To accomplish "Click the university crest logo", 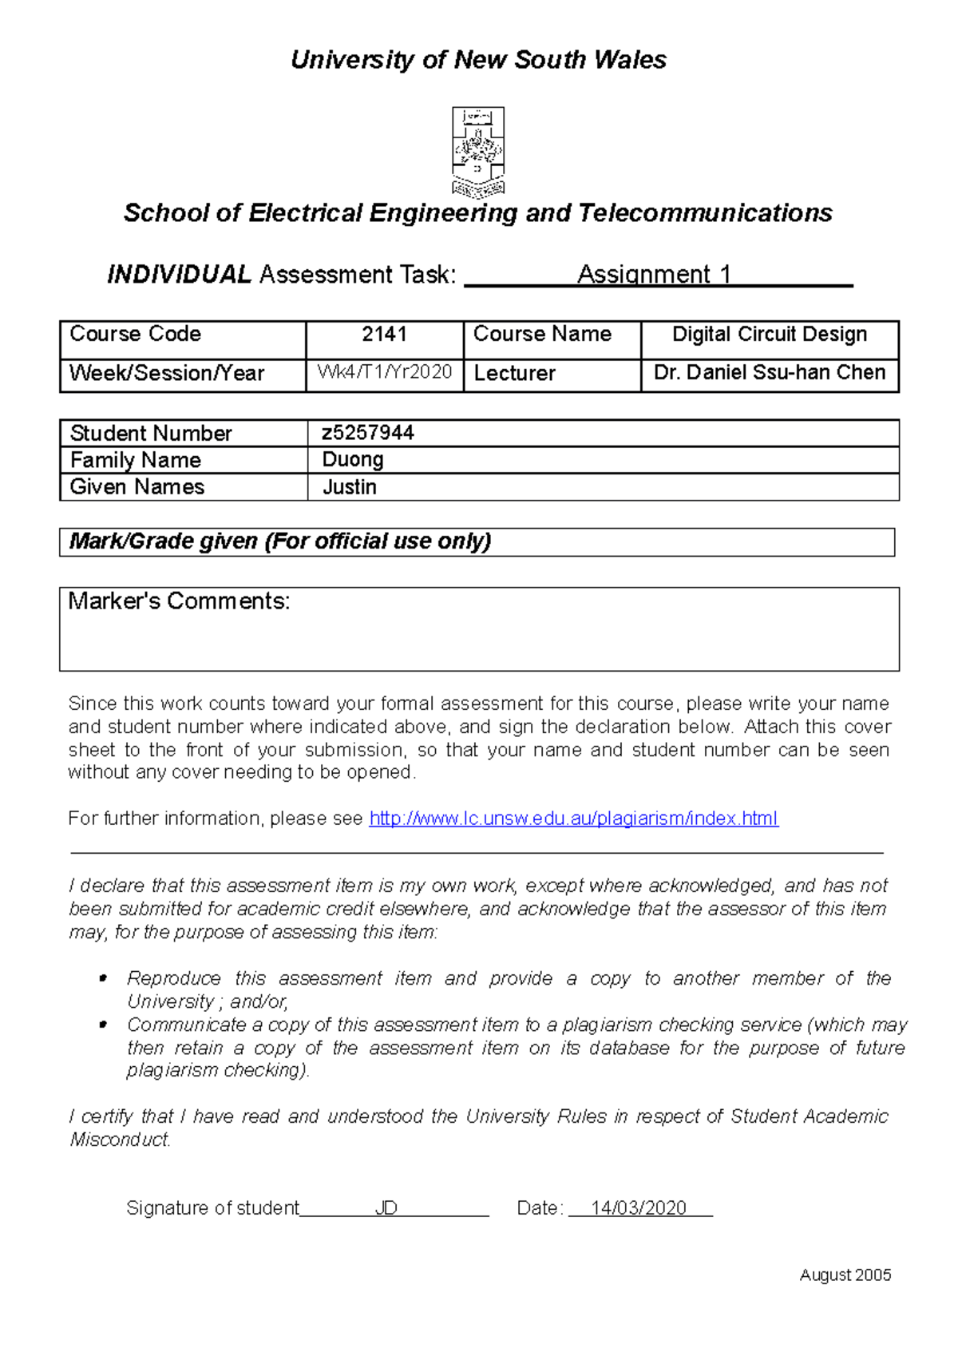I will (478, 152).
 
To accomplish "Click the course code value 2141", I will (384, 335).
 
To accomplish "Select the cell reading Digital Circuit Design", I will (770, 335).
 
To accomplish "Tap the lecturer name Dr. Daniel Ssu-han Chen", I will (770, 373).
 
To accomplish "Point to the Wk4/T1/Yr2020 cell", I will (385, 373).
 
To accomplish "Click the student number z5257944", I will (368, 433).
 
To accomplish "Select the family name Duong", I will (353, 460).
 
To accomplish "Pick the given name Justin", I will (350, 487).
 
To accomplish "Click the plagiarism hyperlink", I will (573, 819).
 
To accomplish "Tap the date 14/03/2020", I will (639, 1208).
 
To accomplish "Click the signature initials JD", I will (386, 1208).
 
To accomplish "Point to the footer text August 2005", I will (845, 1275).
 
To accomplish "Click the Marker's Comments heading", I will (179, 601).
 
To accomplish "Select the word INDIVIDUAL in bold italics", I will (180, 275).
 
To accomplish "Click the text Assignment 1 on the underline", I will (654, 275).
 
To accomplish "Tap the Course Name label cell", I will (543, 335).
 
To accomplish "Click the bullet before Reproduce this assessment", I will (102, 979).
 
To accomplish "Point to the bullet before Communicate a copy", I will (102, 1025).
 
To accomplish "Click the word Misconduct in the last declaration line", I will (120, 1140).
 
